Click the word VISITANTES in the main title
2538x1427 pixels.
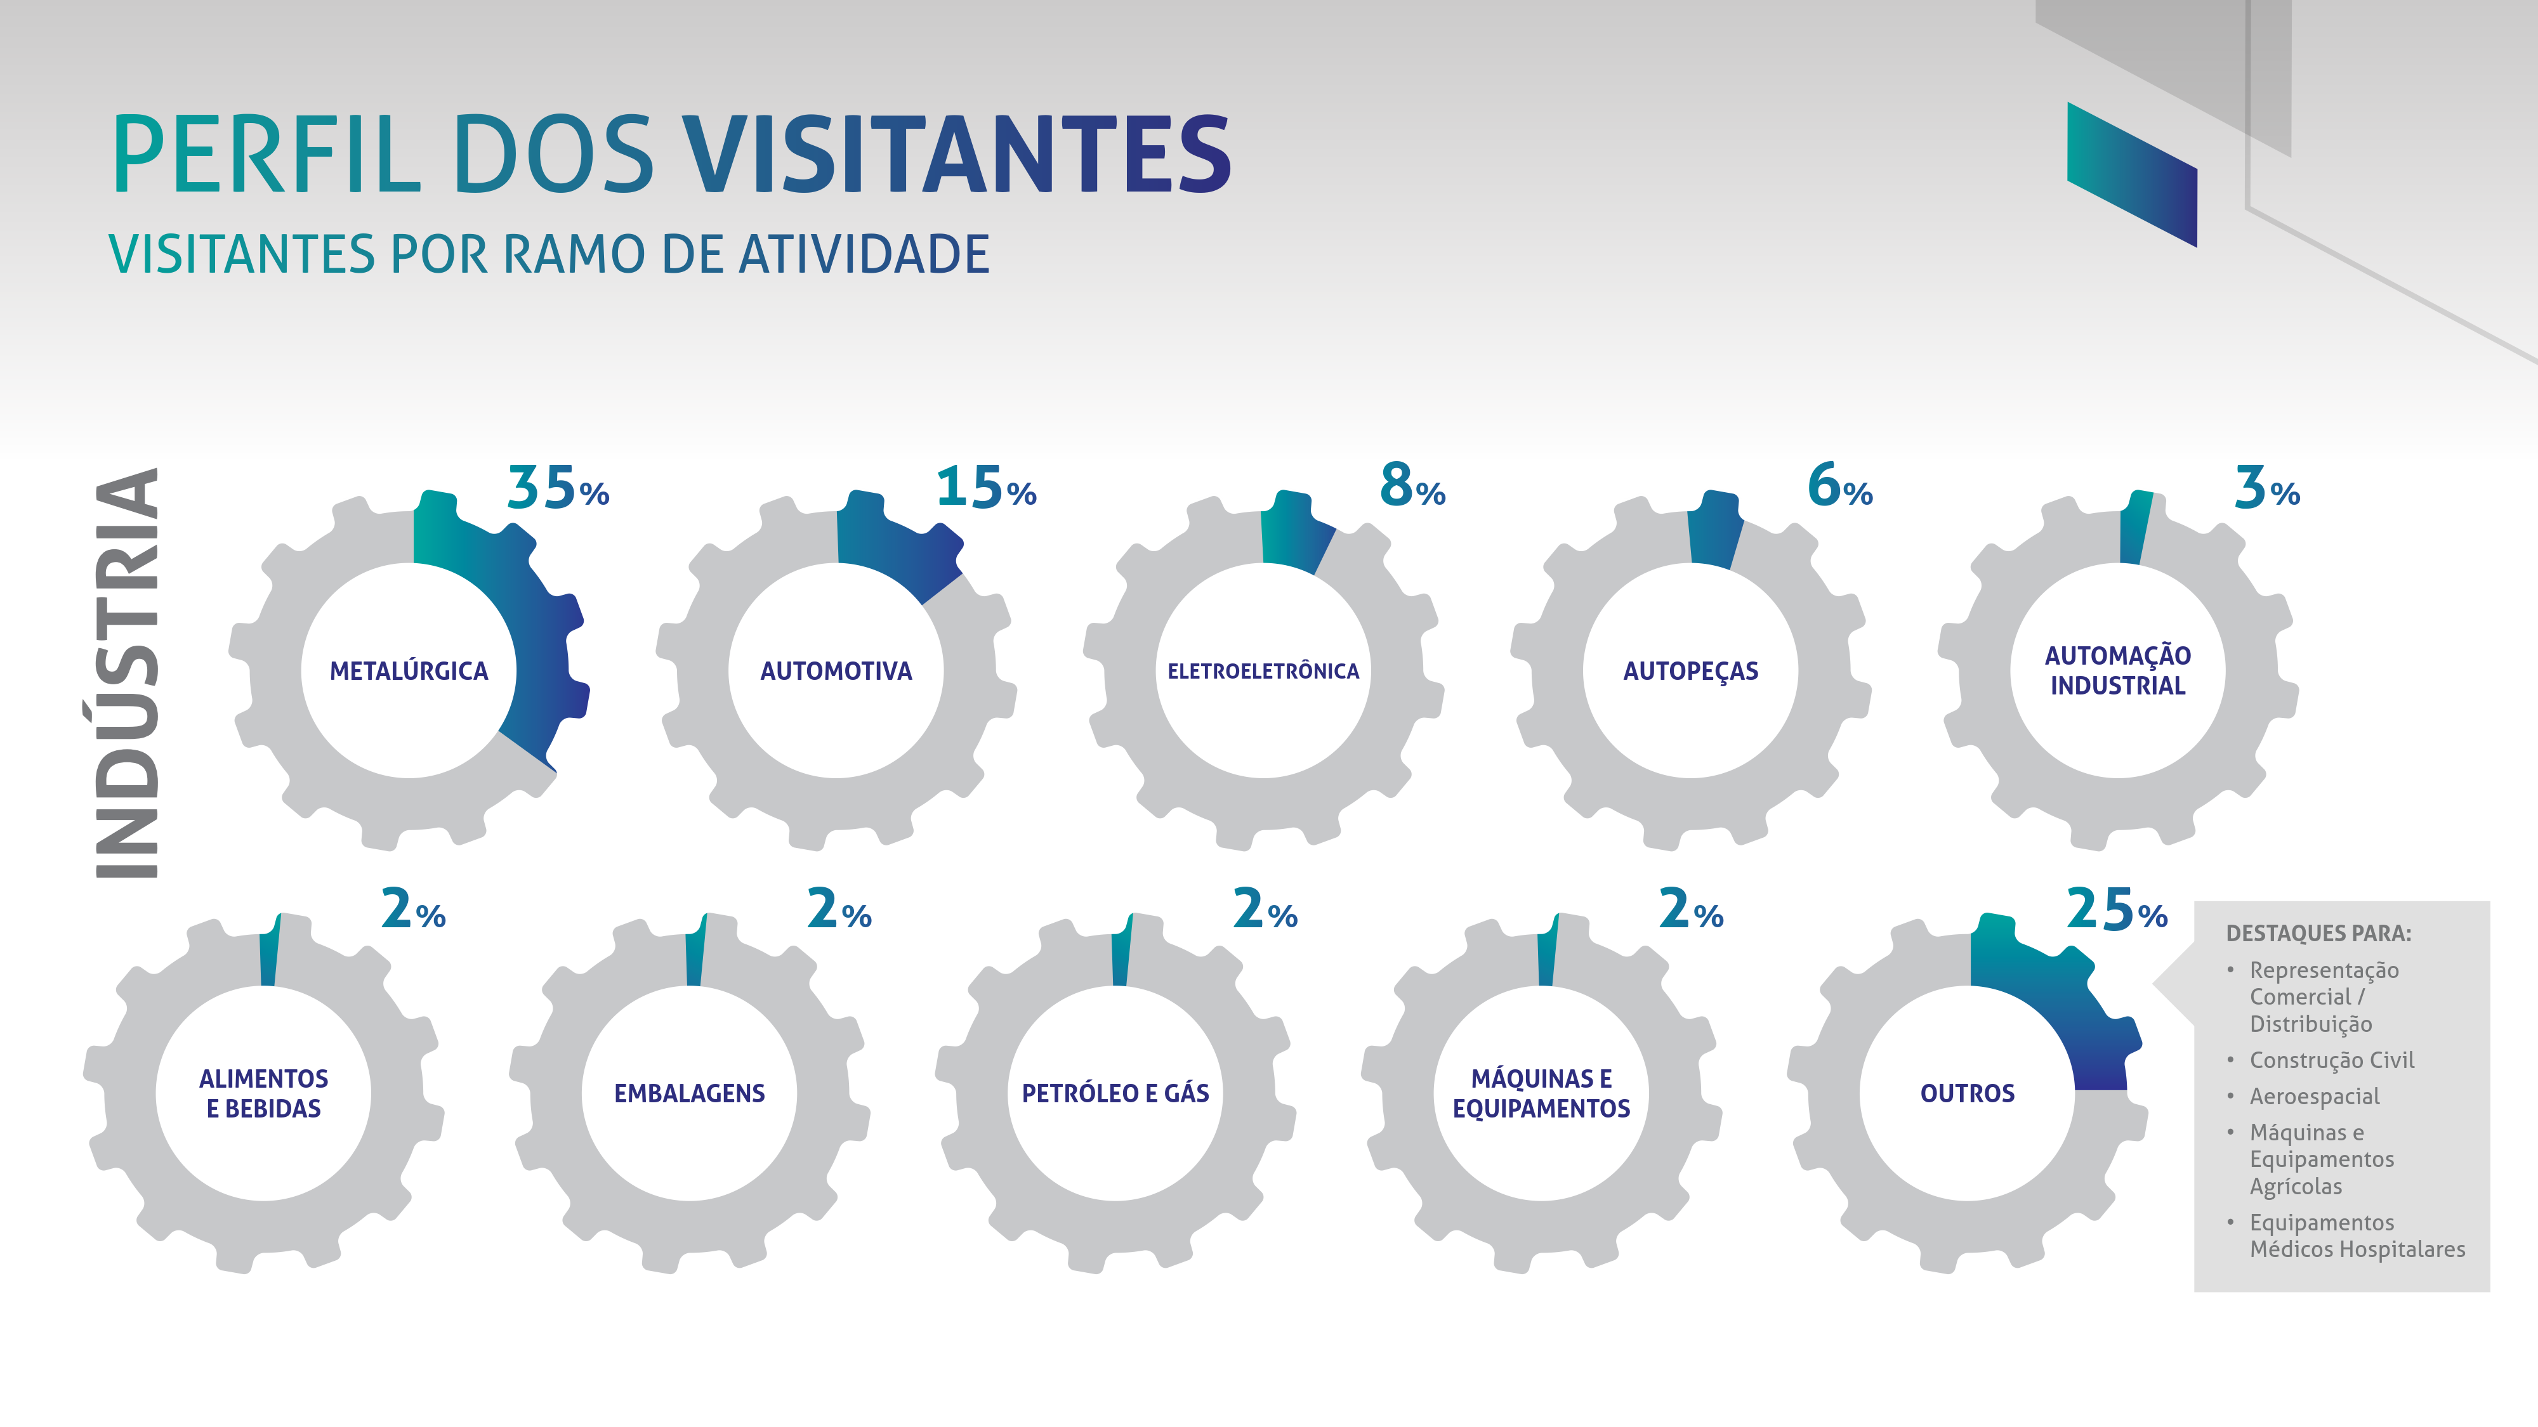point(956,155)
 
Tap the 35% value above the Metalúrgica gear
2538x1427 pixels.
point(558,488)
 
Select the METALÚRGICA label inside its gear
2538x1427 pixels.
point(409,672)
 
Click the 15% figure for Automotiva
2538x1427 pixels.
point(985,488)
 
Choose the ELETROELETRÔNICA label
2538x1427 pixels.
point(1263,672)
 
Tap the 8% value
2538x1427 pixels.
point(1412,486)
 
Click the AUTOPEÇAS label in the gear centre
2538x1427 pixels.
point(1691,672)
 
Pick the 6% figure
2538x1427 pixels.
point(1839,486)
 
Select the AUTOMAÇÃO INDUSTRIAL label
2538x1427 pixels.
point(2117,670)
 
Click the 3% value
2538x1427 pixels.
point(2266,488)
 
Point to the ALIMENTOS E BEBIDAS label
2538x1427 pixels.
point(263,1093)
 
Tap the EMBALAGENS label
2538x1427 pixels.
point(690,1093)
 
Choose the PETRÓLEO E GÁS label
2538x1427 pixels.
point(1115,1093)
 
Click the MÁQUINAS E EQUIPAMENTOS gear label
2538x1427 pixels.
point(1541,1093)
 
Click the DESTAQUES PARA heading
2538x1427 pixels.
point(2318,932)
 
